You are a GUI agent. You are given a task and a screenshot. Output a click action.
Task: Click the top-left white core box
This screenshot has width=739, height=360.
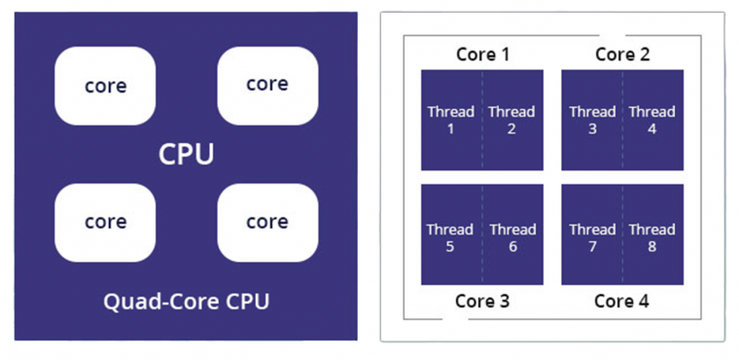105,86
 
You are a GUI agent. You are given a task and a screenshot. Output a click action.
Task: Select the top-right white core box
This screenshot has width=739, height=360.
267,85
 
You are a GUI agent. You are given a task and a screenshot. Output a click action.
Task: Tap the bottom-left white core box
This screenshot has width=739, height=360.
105,222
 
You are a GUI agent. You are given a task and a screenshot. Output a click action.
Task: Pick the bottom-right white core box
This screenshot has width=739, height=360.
267,222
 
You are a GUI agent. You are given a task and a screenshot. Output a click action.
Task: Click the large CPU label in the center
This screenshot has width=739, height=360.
186,155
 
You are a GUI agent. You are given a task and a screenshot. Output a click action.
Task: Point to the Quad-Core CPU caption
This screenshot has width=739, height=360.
186,302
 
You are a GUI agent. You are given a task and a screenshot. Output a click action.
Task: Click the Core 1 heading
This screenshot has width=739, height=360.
482,54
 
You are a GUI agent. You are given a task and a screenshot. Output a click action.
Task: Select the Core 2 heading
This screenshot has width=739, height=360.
622,54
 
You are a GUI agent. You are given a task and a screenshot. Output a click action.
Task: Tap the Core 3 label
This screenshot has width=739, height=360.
482,301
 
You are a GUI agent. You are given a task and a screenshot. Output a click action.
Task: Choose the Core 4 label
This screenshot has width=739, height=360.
622,301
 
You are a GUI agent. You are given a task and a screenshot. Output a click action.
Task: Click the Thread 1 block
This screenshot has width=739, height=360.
451,120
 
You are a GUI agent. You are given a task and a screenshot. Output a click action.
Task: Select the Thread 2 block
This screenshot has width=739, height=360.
513,120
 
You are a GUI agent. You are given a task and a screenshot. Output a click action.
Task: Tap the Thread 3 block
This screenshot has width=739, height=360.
591,120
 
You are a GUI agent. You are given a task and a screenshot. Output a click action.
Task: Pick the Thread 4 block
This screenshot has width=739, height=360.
652,120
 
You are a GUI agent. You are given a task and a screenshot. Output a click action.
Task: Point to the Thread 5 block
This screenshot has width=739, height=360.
451,236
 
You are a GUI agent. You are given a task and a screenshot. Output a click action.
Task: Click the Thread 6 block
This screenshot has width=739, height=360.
513,236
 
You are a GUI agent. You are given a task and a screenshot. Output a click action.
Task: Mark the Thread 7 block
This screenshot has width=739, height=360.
591,236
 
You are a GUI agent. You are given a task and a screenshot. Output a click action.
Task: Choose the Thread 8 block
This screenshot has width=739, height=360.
652,236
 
